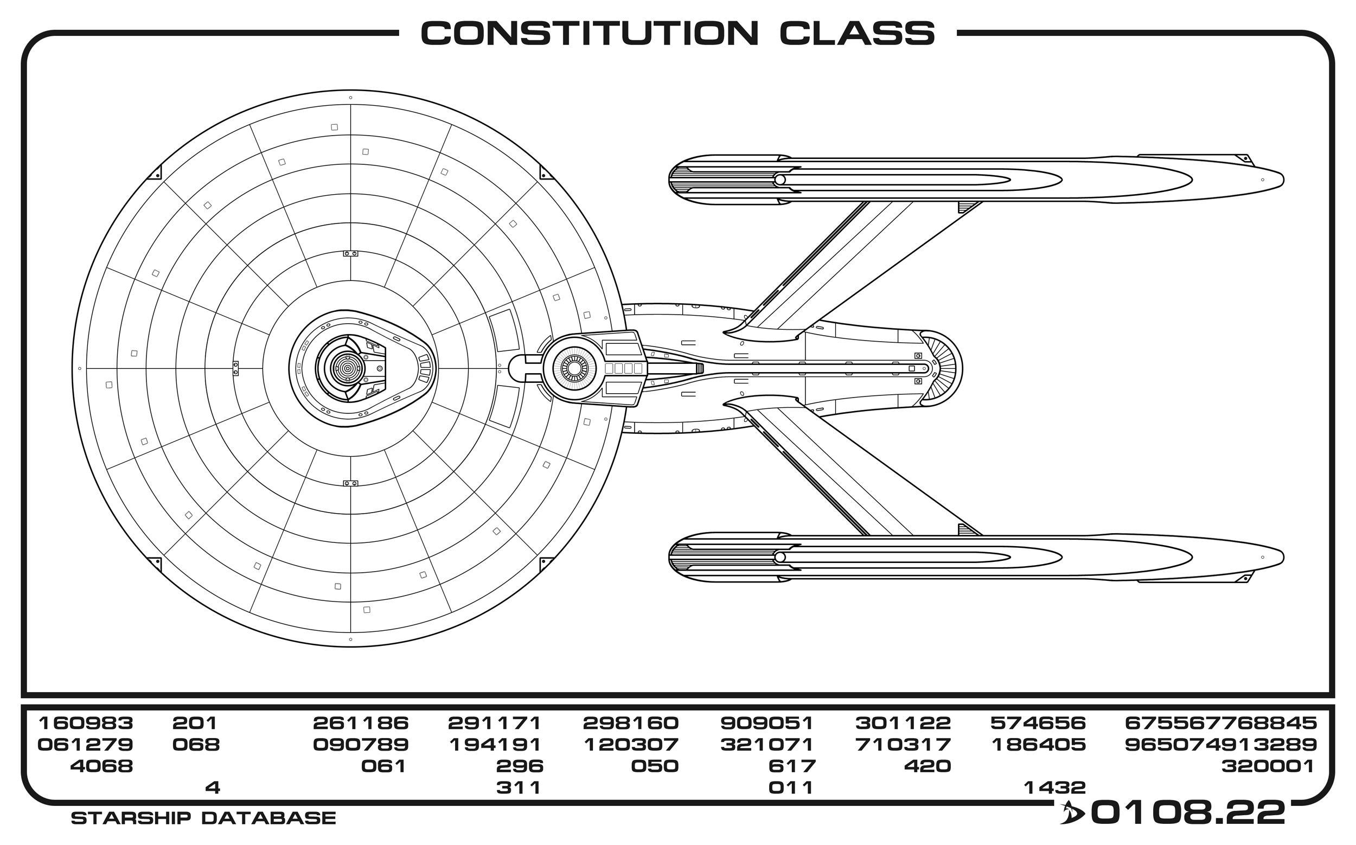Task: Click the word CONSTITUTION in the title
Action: tap(589, 34)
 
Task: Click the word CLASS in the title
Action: tap(856, 34)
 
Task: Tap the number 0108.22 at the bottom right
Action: tap(1188, 812)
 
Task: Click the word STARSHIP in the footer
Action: tap(133, 818)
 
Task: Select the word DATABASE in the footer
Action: tap(268, 818)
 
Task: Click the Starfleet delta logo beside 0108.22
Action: tap(1071, 813)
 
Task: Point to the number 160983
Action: tap(86, 723)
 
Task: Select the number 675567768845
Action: tap(1221, 723)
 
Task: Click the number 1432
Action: tap(1054, 788)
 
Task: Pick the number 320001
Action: tap(1268, 766)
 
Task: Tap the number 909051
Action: tap(766, 723)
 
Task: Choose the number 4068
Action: tap(101, 766)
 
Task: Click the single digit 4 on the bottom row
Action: tap(213, 788)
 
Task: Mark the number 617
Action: tap(792, 766)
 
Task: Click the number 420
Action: tap(928, 766)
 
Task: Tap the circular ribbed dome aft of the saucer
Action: tap(574, 368)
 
